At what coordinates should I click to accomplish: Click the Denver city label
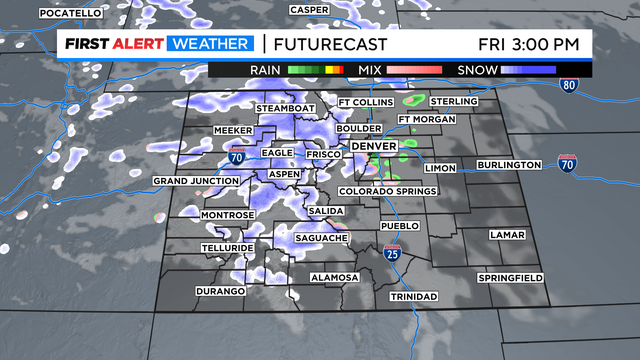pyautogui.click(x=374, y=147)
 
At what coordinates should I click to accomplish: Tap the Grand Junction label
pyautogui.click(x=196, y=181)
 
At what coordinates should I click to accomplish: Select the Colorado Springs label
pyautogui.click(x=389, y=191)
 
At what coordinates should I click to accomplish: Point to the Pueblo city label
pyautogui.click(x=399, y=227)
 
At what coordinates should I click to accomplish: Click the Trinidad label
pyautogui.click(x=413, y=297)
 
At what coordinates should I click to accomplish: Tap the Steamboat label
pyautogui.click(x=286, y=108)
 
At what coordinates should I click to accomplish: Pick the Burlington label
pyautogui.click(x=508, y=165)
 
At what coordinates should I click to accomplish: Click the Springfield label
pyautogui.click(x=510, y=276)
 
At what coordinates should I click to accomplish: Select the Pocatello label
pyautogui.click(x=71, y=13)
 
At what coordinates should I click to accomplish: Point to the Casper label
pyautogui.click(x=310, y=10)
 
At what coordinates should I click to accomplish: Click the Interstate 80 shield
pyautogui.click(x=569, y=87)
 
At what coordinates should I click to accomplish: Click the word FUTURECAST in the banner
pyautogui.click(x=325, y=44)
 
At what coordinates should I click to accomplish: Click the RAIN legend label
pyautogui.click(x=266, y=71)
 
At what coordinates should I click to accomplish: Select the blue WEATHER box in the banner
pyautogui.click(x=208, y=44)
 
